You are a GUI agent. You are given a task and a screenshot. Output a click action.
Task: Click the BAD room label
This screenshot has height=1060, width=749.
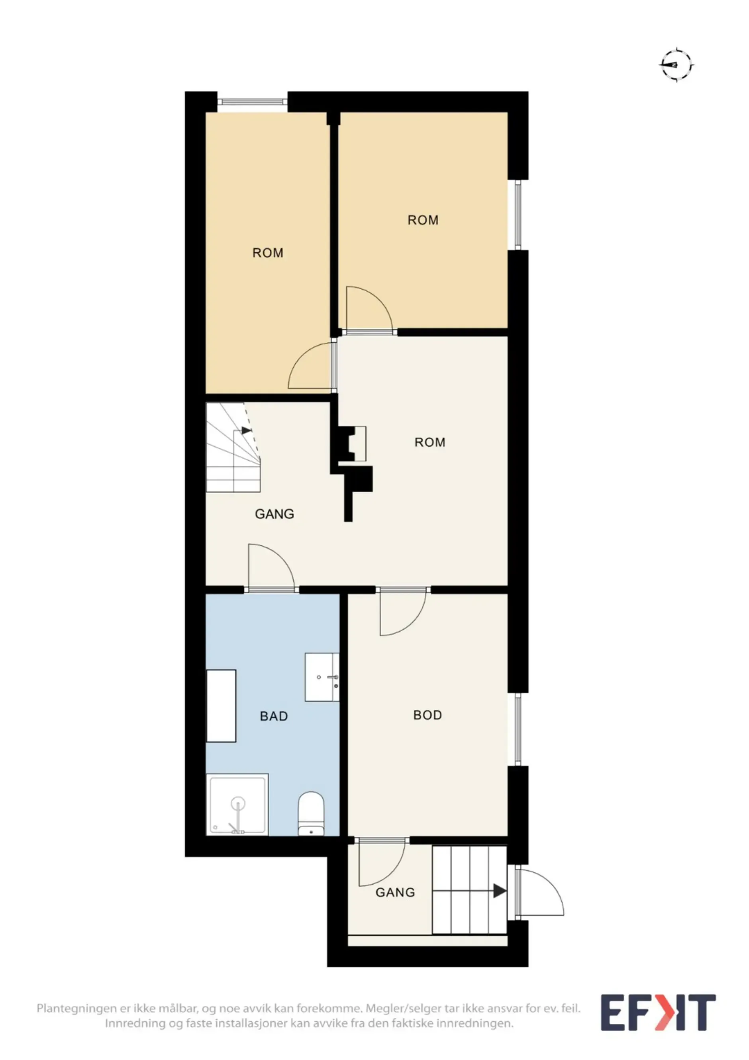point(274,716)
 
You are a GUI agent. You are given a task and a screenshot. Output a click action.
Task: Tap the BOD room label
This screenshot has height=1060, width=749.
point(427,715)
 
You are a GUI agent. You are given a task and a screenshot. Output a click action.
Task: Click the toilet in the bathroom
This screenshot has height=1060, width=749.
point(311,813)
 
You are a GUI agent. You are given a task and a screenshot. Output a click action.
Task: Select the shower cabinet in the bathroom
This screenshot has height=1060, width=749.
point(238,805)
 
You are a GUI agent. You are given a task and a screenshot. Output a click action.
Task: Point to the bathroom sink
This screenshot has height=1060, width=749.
point(322,677)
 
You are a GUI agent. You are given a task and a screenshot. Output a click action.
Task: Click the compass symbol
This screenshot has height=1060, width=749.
point(676,65)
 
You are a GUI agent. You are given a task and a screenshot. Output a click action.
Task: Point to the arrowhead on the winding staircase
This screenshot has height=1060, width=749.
point(247,431)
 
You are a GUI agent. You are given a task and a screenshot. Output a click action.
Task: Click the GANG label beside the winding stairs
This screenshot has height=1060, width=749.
point(275,514)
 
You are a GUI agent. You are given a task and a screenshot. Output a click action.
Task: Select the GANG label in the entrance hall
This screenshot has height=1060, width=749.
point(395,892)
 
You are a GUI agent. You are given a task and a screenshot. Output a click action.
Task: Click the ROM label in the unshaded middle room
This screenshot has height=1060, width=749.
point(429,442)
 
